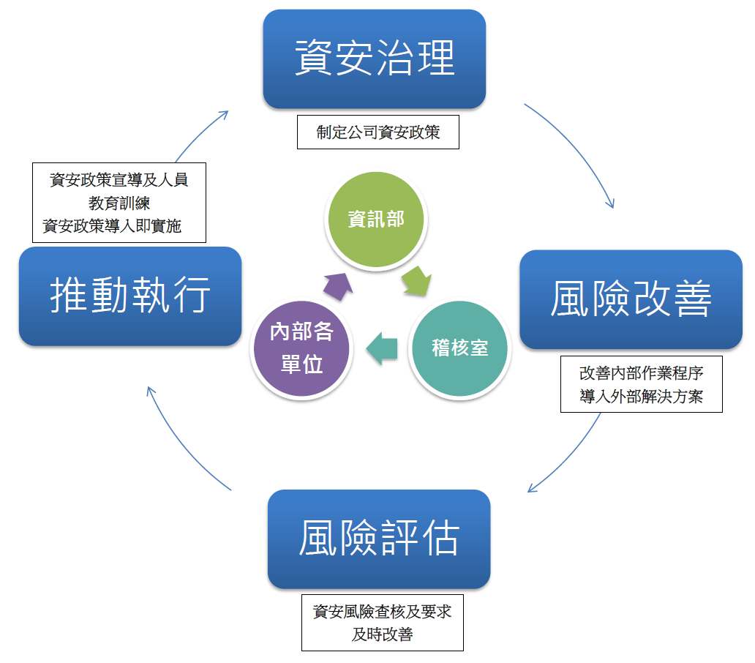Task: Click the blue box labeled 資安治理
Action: click(375, 59)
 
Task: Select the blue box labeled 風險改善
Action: click(631, 299)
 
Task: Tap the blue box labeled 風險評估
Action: click(379, 539)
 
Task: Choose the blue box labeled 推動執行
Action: click(130, 296)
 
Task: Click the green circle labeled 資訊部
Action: click(375, 220)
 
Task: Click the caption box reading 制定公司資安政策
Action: click(377, 132)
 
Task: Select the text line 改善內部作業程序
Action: click(641, 372)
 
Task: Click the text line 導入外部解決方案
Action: click(641, 396)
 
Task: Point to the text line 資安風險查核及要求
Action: click(382, 611)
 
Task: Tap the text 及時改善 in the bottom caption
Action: click(382, 634)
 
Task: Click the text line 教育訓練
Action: click(119, 203)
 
